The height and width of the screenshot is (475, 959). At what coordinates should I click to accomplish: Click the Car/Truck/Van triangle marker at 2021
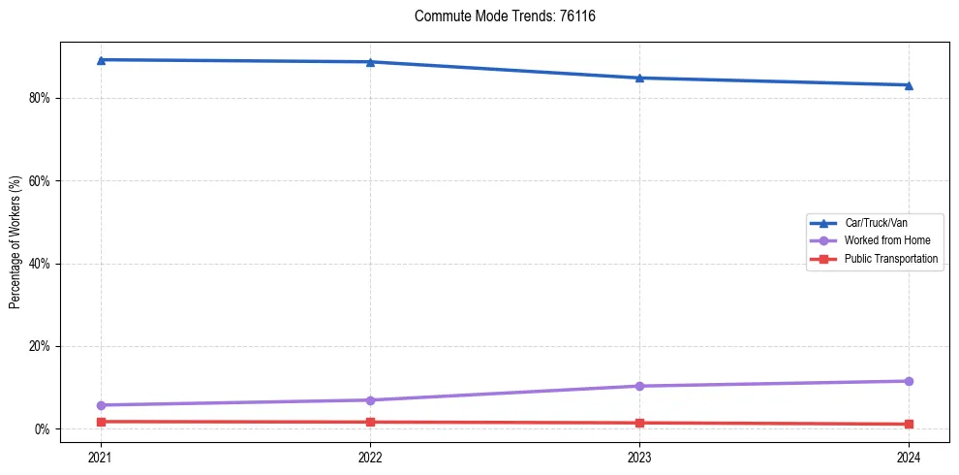tap(101, 60)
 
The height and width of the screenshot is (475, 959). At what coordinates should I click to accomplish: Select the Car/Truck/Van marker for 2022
tap(370, 62)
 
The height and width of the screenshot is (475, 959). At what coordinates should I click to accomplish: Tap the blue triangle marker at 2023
tap(639, 78)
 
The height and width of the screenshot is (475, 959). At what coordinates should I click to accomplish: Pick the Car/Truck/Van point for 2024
tap(909, 85)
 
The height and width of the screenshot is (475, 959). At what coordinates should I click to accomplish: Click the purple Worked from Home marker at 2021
tap(101, 405)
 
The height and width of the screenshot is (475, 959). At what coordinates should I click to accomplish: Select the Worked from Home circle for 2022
tap(370, 400)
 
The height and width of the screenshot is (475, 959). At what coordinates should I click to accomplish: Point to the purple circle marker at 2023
tap(639, 386)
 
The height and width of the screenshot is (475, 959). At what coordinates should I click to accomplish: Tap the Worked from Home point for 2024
tap(909, 381)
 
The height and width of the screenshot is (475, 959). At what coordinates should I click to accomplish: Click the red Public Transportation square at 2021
tap(101, 422)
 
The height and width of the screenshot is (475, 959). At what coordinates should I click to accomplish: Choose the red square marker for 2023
tap(639, 423)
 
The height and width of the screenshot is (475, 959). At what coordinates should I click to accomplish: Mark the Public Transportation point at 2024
tap(909, 424)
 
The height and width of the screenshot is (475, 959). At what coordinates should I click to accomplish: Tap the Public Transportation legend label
tap(890, 259)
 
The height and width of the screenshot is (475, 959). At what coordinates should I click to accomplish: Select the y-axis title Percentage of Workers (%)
tap(15, 242)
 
